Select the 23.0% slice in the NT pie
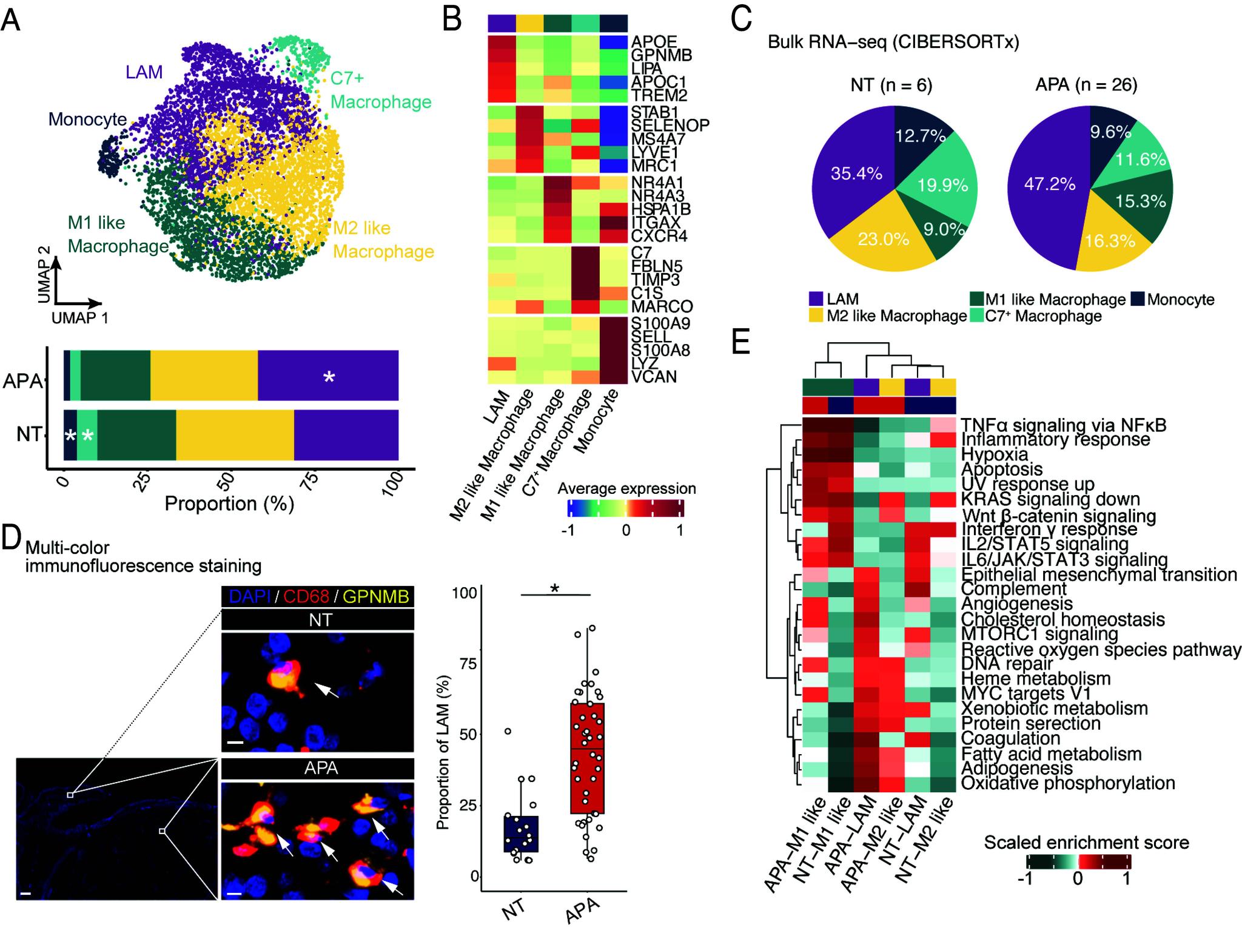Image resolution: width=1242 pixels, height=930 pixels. pos(884,238)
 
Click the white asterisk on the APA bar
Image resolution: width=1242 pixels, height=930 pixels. pos(329,377)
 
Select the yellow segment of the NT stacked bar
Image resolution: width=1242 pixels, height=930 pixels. pos(235,435)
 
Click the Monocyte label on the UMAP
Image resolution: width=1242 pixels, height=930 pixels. pos(87,120)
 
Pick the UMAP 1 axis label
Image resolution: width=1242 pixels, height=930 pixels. pos(79,317)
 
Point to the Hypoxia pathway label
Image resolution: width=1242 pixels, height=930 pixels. pos(995,454)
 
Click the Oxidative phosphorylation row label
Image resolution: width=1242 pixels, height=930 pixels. pos(1068,783)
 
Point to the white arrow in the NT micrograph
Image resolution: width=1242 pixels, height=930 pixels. pos(325,690)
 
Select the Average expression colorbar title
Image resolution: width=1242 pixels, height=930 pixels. pos(626,489)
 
